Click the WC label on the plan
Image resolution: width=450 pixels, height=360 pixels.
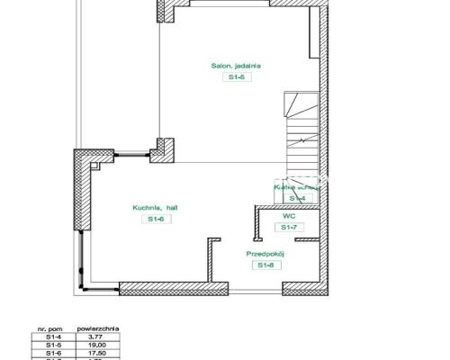coord(289,216)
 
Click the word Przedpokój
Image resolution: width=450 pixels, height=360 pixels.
coord(265,254)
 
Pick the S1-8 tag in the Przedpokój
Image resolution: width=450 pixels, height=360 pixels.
coord(265,265)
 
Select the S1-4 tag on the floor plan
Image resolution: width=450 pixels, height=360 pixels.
coord(297,198)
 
